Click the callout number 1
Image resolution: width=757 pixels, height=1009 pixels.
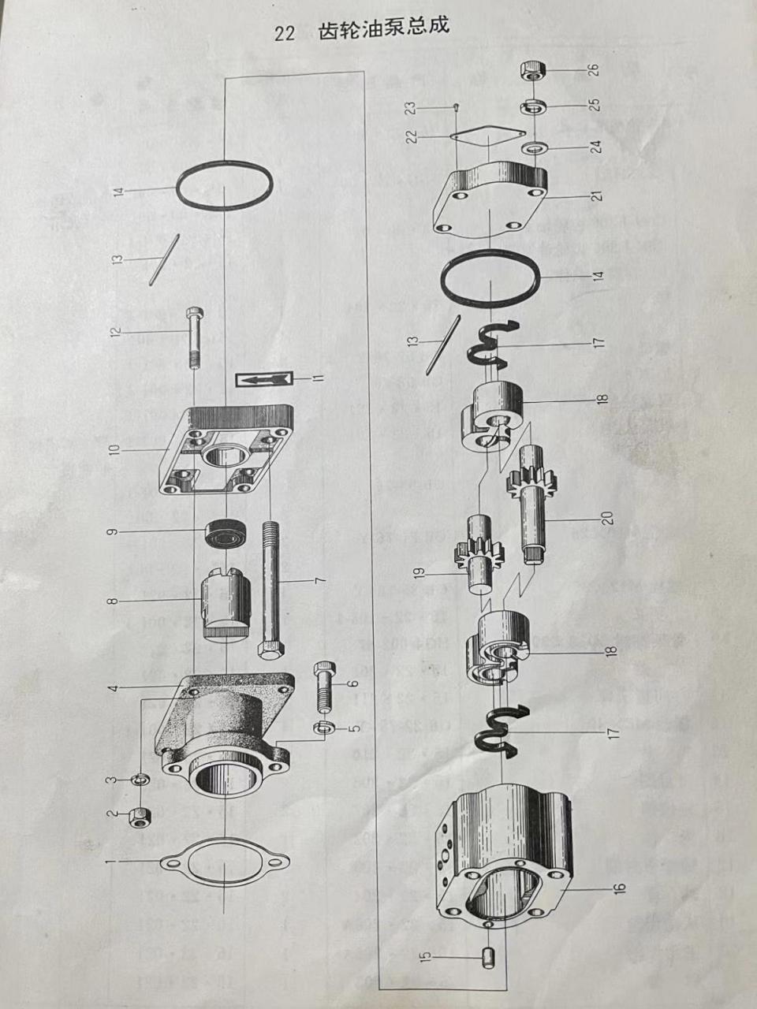(x=112, y=863)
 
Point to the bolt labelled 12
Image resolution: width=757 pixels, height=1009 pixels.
(x=195, y=337)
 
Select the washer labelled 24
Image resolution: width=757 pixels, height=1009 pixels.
(x=536, y=147)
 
